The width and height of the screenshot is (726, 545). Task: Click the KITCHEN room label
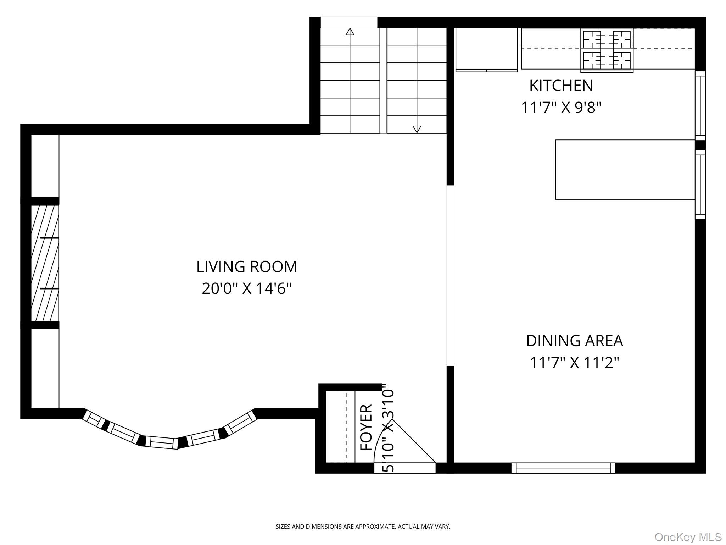561,86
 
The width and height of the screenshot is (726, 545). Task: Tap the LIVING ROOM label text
247,267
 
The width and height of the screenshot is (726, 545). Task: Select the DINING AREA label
574,341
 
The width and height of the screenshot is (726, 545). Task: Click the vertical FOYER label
367,428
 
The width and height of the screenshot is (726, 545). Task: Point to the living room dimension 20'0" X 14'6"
247,288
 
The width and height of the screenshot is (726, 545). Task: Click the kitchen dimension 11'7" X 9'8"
561,108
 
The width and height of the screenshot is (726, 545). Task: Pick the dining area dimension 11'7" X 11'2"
574,363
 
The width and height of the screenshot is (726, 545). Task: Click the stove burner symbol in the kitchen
607,50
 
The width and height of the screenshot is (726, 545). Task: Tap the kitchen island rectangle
625,170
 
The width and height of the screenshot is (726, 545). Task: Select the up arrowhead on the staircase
350,32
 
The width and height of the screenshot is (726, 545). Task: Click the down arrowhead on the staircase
417,129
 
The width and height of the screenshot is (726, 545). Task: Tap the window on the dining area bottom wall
563,468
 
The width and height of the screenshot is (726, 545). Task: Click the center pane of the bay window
163,442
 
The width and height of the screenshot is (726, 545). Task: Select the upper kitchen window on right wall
700,106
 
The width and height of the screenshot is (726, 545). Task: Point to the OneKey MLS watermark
688,537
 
